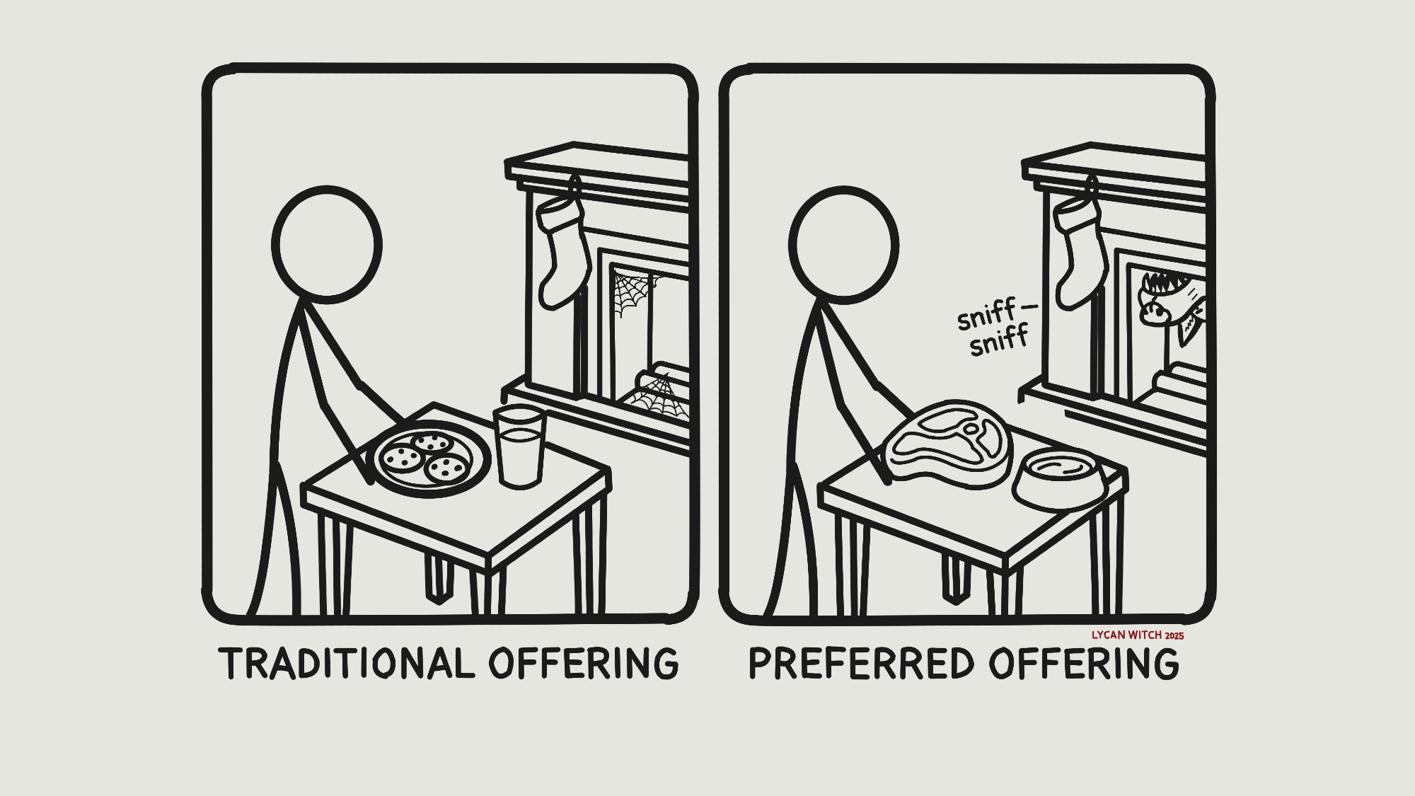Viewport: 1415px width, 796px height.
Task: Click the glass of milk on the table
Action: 520,447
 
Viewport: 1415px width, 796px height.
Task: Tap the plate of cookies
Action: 432,458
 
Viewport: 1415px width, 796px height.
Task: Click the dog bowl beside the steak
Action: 1058,478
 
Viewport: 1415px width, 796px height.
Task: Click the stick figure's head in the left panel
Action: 327,245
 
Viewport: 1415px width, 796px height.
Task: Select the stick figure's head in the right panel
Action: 843,245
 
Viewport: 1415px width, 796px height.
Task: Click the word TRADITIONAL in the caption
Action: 347,663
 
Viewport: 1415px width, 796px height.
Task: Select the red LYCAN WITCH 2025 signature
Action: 1138,635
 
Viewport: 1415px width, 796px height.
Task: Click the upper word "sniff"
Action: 986,316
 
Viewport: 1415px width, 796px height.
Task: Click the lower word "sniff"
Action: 999,341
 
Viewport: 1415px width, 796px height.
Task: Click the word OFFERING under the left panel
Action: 584,663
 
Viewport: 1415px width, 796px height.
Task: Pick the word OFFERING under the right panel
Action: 1084,663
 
